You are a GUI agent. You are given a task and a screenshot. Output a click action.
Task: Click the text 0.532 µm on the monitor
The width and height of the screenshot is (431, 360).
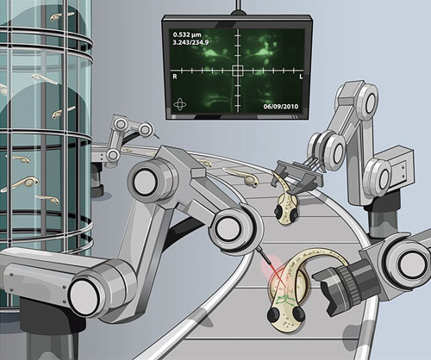[187, 35]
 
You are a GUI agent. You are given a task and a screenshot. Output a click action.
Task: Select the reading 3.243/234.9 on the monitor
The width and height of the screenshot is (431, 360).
[191, 43]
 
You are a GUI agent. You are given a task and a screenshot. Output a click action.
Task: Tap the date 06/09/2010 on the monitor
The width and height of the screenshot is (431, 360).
[281, 107]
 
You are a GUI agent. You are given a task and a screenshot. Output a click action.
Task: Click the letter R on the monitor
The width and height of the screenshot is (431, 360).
[175, 77]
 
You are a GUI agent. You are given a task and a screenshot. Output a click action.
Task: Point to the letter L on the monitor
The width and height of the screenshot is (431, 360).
[301, 77]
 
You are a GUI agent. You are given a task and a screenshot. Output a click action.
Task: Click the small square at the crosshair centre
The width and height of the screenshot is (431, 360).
[238, 71]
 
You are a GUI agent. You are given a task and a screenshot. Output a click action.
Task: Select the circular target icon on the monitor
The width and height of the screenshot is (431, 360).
[180, 104]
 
